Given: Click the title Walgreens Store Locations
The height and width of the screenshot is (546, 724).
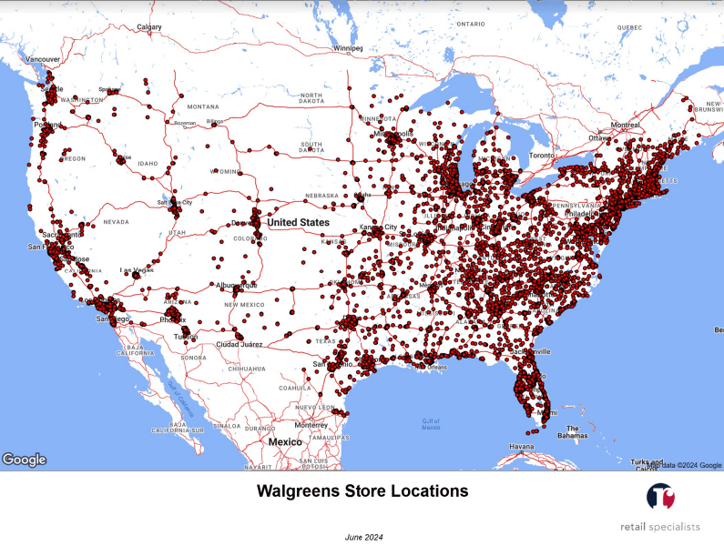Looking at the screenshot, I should (362, 491).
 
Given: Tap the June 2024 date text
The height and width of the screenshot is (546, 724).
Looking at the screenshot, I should (363, 537).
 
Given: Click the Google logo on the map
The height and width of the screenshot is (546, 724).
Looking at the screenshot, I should (25, 460).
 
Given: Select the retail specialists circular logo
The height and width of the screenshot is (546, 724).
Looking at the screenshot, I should (660, 497).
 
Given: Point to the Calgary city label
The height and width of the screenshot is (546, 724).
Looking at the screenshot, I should (148, 27).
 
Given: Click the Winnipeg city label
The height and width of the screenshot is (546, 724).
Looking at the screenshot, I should (348, 47).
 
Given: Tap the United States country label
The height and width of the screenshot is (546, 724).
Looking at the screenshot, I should (299, 222).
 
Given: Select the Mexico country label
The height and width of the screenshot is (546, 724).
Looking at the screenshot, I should (285, 441).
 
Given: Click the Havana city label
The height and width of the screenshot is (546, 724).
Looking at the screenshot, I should (522, 447).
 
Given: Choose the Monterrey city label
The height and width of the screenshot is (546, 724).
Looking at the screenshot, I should (311, 425).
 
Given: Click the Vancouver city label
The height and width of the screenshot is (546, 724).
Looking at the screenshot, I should (43, 59).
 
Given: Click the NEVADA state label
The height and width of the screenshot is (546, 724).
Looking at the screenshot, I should (116, 221).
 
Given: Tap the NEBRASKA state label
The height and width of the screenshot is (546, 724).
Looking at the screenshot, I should (322, 195).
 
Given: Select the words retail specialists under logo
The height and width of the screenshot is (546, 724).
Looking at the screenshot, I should (660, 526).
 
